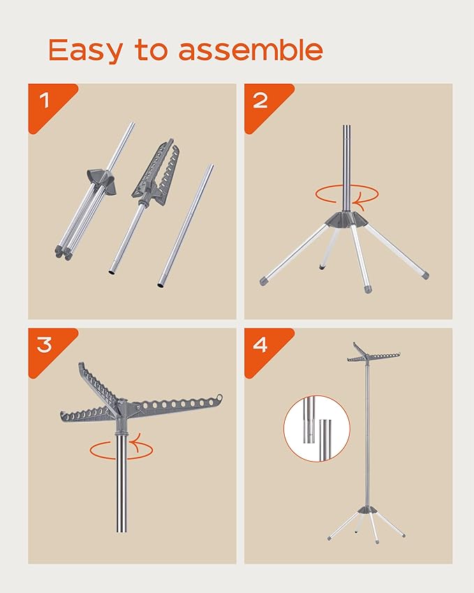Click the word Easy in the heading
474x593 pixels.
point(85,50)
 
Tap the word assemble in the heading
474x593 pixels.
point(251,49)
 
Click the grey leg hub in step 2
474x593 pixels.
point(347,219)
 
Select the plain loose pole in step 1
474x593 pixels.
point(186,226)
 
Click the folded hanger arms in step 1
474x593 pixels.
point(156,171)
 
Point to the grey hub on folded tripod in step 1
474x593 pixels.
point(101,182)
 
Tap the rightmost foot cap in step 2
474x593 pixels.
point(425,275)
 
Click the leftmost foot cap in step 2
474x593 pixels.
point(264,281)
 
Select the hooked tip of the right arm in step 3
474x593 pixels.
point(219,397)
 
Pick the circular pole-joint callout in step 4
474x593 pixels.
point(317,428)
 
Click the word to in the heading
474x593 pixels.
point(151,50)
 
